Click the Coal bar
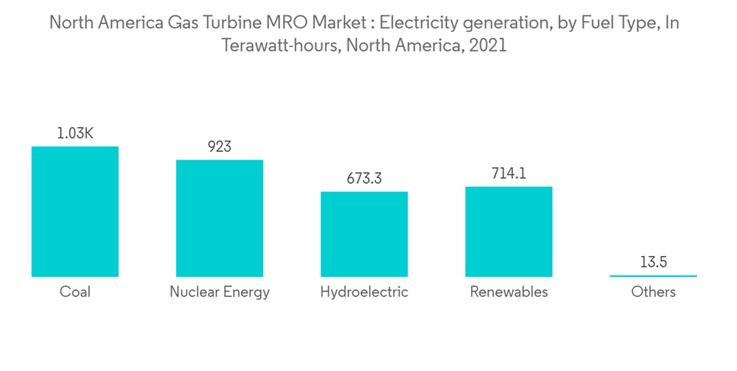75,212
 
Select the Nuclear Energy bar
220,218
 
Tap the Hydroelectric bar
364,234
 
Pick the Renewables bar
509,231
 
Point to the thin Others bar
653,276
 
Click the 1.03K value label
75,134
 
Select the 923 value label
220,147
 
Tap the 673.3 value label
364,179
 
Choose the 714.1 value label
509,174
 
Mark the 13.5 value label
653,263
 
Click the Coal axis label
75,292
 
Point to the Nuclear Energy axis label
220,292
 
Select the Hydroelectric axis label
364,292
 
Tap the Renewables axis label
509,292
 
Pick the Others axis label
653,292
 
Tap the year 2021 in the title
487,45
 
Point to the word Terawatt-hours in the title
278,45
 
